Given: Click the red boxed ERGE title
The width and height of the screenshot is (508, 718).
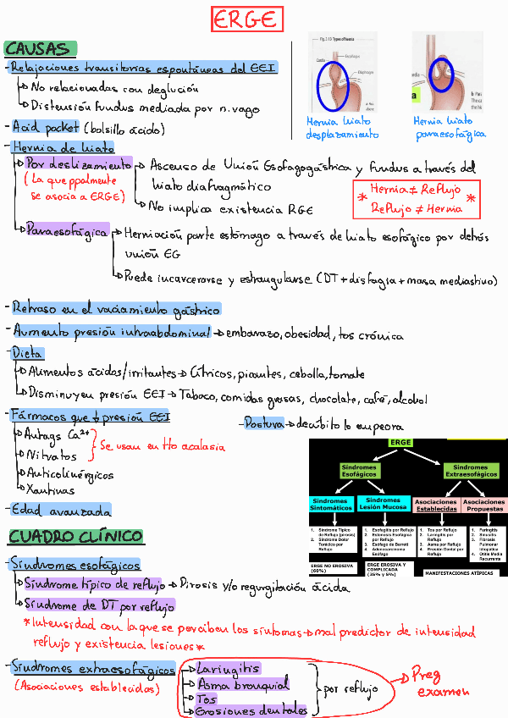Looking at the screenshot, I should click(x=246, y=19).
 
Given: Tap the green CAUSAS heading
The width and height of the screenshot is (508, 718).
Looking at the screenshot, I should click(x=40, y=48).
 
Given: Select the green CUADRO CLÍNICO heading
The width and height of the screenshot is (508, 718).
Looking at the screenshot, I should click(x=75, y=536).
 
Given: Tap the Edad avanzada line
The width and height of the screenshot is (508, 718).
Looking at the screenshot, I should click(x=61, y=511).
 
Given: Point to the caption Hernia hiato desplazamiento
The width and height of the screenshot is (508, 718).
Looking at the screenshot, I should click(x=342, y=128).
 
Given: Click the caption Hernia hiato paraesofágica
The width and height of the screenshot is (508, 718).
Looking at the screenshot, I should click(x=449, y=128).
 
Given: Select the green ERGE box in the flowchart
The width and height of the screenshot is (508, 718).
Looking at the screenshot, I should click(x=400, y=443).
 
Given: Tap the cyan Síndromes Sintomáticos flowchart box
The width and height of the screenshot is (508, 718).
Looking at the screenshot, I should click(x=332, y=504).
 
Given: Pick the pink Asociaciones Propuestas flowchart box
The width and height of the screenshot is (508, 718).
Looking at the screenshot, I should click(x=483, y=505).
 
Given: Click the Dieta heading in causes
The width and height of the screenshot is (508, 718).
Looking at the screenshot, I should click(x=27, y=353).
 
